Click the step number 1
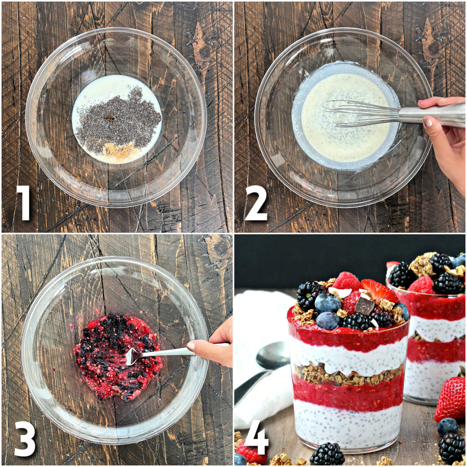pyautogui.click(x=24, y=203)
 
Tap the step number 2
pyautogui.click(x=256, y=203)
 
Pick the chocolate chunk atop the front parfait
pyautogui.click(x=364, y=305)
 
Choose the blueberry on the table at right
pyautogui.click(x=447, y=427)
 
